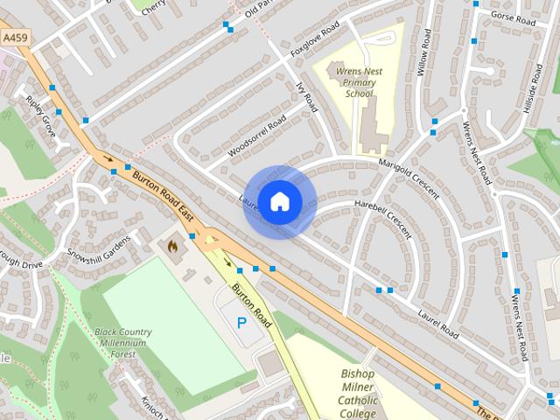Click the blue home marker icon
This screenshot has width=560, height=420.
click(x=279, y=201)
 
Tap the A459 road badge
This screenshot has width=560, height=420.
click(x=15, y=38)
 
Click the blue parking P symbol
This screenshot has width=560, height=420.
click(x=241, y=323)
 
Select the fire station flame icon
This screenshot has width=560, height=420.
click(x=172, y=247)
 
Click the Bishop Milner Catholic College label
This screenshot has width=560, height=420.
click(x=358, y=394)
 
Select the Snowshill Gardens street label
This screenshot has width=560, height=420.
click(x=99, y=248)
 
